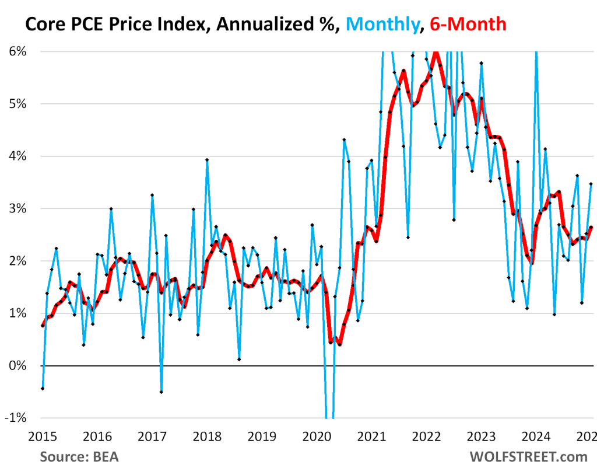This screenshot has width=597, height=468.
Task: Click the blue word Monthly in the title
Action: [x=380, y=24]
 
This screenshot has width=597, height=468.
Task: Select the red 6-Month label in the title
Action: [x=468, y=24]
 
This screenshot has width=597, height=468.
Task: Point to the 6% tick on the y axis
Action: [x=17, y=51]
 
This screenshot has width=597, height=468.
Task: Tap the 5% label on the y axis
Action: [x=17, y=104]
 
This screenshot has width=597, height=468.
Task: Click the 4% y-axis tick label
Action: [x=17, y=156]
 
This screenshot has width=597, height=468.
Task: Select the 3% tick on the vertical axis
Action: [x=17, y=209]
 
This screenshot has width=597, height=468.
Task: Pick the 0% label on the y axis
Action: [x=17, y=366]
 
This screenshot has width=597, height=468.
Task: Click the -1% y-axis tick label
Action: [x=16, y=418]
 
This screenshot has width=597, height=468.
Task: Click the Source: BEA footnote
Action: [x=79, y=456]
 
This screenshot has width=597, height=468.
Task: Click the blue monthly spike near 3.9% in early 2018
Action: [x=207, y=160]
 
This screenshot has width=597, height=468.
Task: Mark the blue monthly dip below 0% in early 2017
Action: [x=161, y=392]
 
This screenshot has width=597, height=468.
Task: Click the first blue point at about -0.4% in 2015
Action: [x=43, y=388]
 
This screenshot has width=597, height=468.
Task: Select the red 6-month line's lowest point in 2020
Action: [x=339, y=344]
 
